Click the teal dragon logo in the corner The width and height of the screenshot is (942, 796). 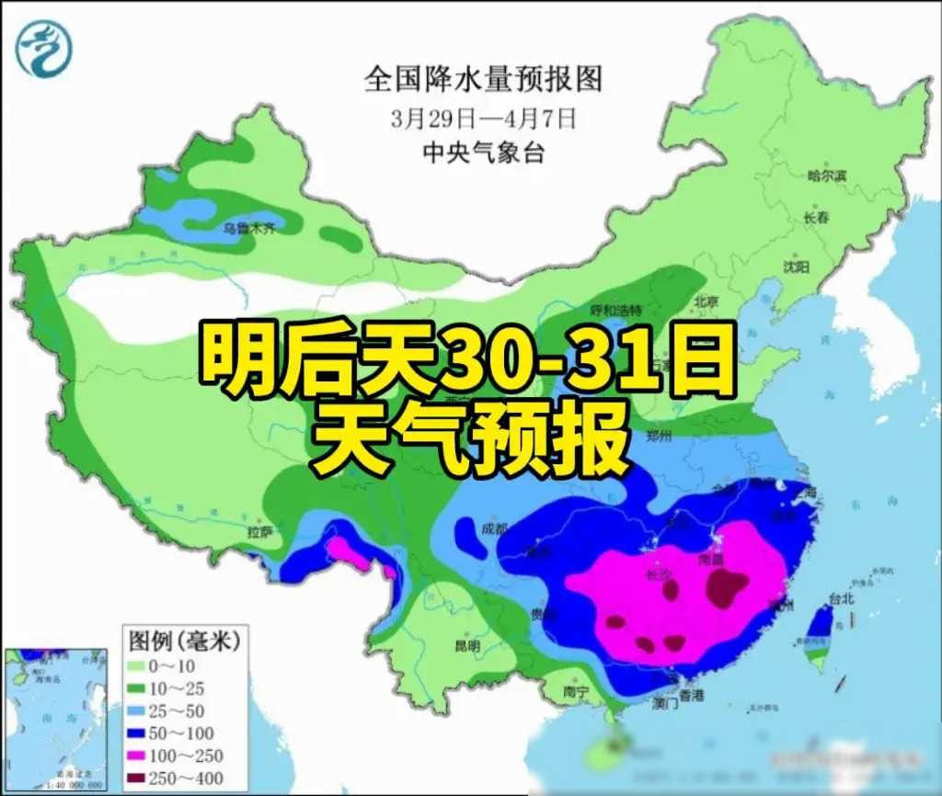(42, 49)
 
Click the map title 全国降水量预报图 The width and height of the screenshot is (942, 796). (483, 80)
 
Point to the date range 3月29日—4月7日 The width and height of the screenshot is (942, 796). (482, 118)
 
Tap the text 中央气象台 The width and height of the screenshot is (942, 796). (482, 152)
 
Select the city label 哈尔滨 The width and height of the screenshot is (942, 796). (825, 176)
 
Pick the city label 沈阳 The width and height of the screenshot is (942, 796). (796, 267)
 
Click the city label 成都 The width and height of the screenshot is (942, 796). (494, 529)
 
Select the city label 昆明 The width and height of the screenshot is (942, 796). (466, 646)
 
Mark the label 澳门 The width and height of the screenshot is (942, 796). (664, 704)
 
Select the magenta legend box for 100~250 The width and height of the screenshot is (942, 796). (136, 755)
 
